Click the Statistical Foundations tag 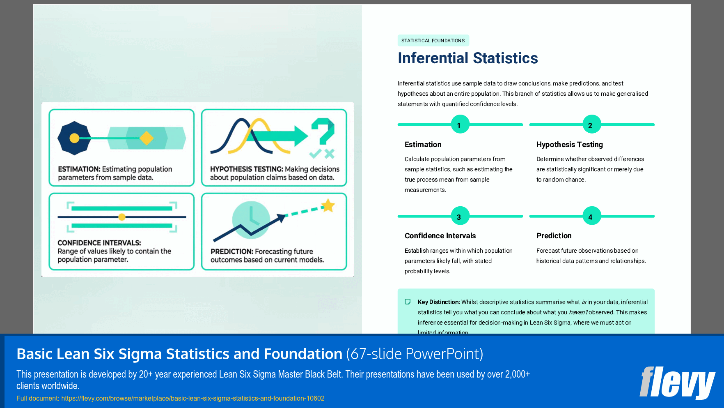(x=433, y=40)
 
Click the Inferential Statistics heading (x=467, y=58)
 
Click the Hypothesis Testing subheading (x=569, y=145)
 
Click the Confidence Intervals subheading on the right (x=440, y=236)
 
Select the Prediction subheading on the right (x=554, y=236)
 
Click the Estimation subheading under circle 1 (x=423, y=145)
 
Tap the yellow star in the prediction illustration (x=328, y=205)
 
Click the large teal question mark (x=323, y=131)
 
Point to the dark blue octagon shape (x=74, y=138)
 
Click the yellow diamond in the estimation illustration (x=146, y=138)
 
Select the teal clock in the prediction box (x=251, y=219)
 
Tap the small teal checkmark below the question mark (x=315, y=154)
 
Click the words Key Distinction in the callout (x=438, y=302)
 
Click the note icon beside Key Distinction (x=408, y=302)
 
